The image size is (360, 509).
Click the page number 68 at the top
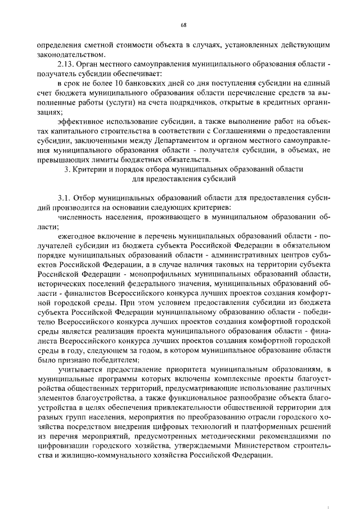(x=183, y=25)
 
